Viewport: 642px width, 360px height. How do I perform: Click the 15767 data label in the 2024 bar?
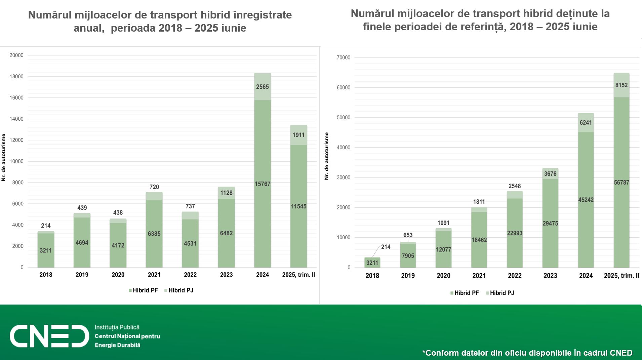[262, 184]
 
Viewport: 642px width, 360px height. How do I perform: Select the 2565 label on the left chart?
[262, 87]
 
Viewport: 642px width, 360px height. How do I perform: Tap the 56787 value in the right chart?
[621, 183]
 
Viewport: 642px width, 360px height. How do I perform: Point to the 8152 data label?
[621, 85]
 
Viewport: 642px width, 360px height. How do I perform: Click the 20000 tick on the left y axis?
[16, 55]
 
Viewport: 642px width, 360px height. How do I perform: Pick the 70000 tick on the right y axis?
[343, 57]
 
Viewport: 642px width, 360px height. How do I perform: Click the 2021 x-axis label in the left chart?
[154, 275]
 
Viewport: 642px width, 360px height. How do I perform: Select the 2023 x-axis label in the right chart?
[550, 276]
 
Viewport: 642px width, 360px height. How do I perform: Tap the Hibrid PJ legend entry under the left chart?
[180, 290]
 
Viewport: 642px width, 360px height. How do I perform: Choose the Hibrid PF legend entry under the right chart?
[466, 293]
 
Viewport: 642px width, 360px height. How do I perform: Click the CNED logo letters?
[49, 336]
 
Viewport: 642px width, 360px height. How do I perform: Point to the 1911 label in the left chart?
[298, 135]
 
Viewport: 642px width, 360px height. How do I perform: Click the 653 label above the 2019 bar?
[408, 235]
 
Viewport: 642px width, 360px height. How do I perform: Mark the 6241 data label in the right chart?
[586, 122]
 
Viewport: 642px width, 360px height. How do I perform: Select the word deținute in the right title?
[572, 13]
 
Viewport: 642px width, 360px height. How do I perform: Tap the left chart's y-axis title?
[4, 157]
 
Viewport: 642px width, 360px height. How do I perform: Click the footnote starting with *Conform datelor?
[527, 353]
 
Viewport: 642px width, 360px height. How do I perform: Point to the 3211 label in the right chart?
[372, 263]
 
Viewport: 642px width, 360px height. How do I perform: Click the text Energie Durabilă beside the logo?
[117, 345]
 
